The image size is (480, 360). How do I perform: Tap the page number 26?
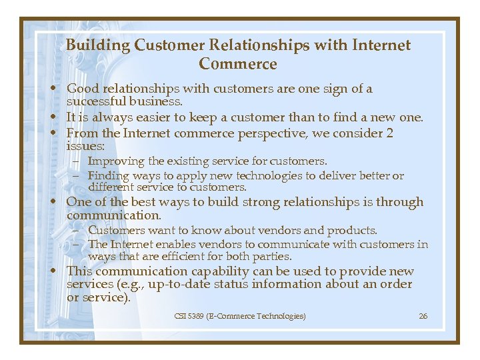point(423,315)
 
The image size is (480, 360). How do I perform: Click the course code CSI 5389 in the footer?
point(189,315)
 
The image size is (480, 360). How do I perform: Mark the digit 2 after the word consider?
point(389,133)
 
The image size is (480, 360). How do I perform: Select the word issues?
point(85,146)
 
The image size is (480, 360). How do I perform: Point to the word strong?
point(259,202)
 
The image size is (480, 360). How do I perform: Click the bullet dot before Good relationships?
point(59,89)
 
